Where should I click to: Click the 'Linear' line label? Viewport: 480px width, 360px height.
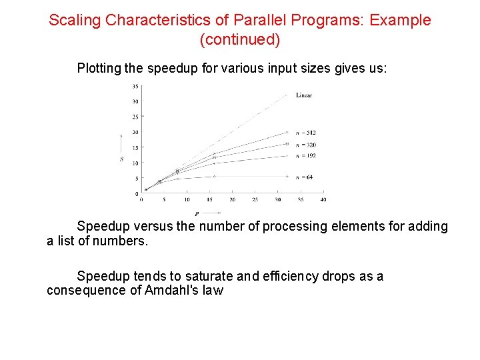point(304,95)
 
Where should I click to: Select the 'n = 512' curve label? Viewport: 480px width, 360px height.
point(306,133)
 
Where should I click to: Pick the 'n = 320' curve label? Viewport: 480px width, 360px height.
point(306,144)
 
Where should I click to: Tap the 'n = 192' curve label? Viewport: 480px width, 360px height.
point(306,155)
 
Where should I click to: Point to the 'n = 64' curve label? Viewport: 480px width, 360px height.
point(305,177)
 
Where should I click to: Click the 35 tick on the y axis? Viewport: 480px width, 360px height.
point(135,86)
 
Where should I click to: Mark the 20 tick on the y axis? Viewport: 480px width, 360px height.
point(135,133)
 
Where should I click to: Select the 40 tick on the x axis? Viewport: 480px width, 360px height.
point(323,200)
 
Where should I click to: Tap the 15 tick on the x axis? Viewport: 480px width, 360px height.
point(209,200)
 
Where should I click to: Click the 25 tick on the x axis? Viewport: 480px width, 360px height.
point(255,200)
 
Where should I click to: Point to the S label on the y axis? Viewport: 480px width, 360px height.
point(121,159)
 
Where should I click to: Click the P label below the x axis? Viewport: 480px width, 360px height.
point(197,214)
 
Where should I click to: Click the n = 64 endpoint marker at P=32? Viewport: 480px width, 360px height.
point(287,177)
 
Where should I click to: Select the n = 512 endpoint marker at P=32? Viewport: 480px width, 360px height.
point(287,132)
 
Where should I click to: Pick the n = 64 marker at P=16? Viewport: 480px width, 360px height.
point(214,177)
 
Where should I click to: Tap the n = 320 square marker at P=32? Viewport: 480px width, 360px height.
point(287,143)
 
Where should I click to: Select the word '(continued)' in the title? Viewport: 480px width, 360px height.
point(240,40)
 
